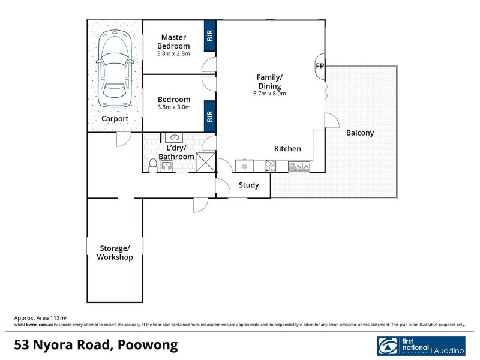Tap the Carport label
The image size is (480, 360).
(x=114, y=119)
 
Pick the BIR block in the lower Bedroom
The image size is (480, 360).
(x=210, y=114)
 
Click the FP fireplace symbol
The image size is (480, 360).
(x=319, y=67)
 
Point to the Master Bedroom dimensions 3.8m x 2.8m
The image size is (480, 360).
(x=173, y=53)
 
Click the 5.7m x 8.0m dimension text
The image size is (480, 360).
(x=269, y=94)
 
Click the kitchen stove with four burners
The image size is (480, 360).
(x=270, y=166)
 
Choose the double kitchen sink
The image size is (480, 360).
(x=299, y=166)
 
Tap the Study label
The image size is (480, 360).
(x=249, y=185)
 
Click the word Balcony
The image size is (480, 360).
(x=360, y=133)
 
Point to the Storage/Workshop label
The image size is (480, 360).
(x=115, y=253)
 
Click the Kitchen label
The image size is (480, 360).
(x=287, y=149)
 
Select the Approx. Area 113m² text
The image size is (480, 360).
(x=40, y=317)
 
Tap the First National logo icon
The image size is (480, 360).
(x=388, y=346)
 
